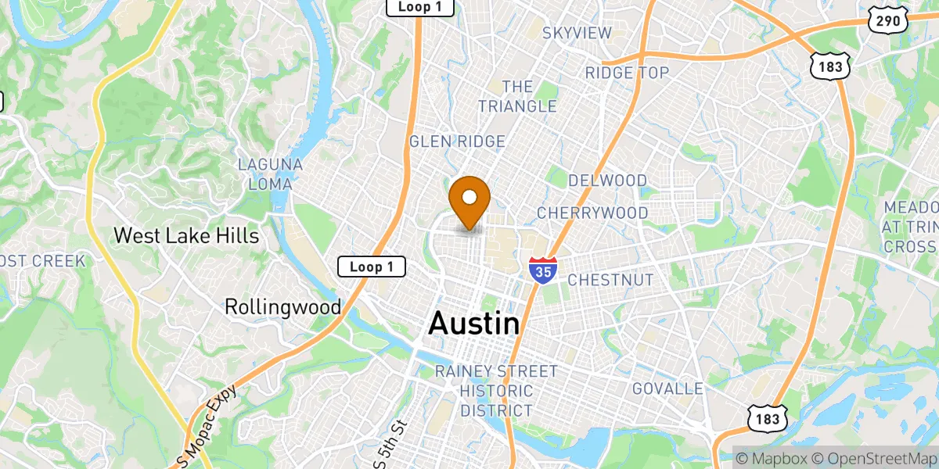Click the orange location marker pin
(469, 200)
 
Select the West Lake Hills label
(186, 235)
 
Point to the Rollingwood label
(282, 306)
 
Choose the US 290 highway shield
(887, 21)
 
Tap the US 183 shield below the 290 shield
(830, 67)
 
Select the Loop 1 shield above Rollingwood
(372, 267)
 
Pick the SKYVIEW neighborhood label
(577, 32)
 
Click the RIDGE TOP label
(628, 73)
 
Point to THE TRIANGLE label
(517, 96)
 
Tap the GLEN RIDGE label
(457, 141)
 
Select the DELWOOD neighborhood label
(608, 181)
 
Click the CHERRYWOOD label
(592, 213)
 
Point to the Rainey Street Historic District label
(496, 391)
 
